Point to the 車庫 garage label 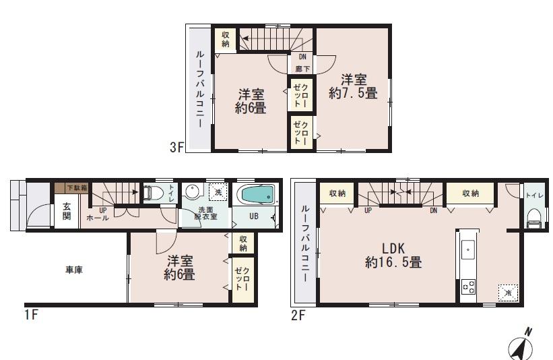[74, 270]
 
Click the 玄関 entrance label [67, 210]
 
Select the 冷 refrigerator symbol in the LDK [507, 293]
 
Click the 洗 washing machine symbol [217, 191]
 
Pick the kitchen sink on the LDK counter [467, 249]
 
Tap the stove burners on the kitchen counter [467, 288]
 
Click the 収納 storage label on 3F [225, 39]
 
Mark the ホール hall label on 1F [98, 218]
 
